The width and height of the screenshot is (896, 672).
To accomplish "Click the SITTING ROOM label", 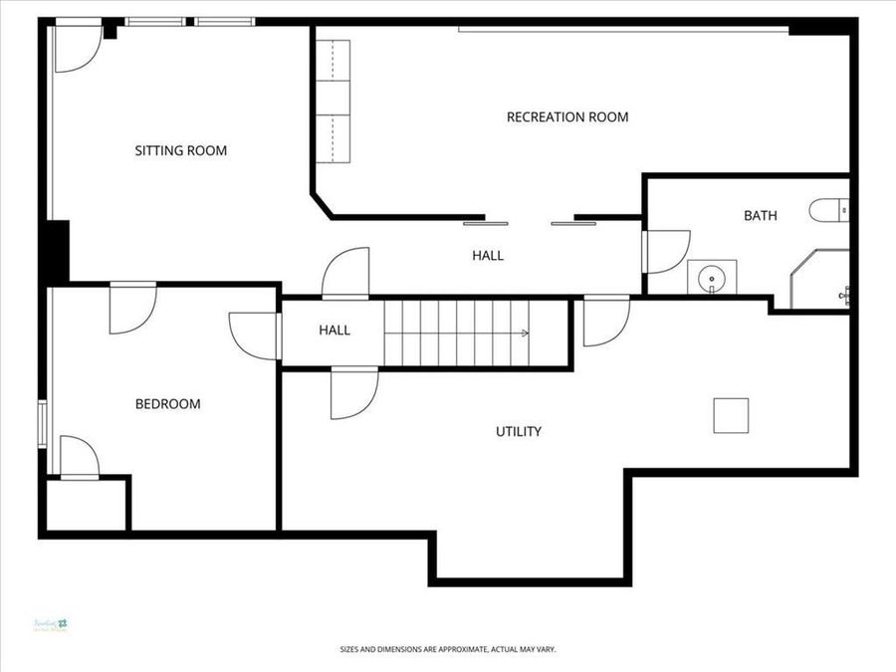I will click(x=181, y=151).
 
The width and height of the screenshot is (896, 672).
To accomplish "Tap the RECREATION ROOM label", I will click(x=567, y=117).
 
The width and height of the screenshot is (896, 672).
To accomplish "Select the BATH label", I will click(x=761, y=216).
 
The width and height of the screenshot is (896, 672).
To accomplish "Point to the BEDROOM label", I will click(x=167, y=404).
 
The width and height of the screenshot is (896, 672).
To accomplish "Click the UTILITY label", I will click(x=519, y=432).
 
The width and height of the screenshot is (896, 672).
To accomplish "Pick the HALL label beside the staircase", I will click(x=335, y=331).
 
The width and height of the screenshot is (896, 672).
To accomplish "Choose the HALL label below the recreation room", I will click(x=488, y=256).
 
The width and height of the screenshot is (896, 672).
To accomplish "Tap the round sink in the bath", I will click(x=712, y=277).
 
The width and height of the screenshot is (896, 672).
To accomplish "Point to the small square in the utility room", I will click(x=731, y=415).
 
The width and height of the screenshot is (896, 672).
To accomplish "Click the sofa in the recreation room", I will click(x=335, y=103).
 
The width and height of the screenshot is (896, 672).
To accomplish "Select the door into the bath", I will click(x=664, y=251).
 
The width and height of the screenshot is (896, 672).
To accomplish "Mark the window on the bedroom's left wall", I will click(x=42, y=423).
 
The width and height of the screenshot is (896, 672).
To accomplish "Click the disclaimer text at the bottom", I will click(x=448, y=650).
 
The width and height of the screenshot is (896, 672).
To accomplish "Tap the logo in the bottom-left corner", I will click(x=50, y=624).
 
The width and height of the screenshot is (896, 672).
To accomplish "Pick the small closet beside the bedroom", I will click(x=87, y=506).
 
